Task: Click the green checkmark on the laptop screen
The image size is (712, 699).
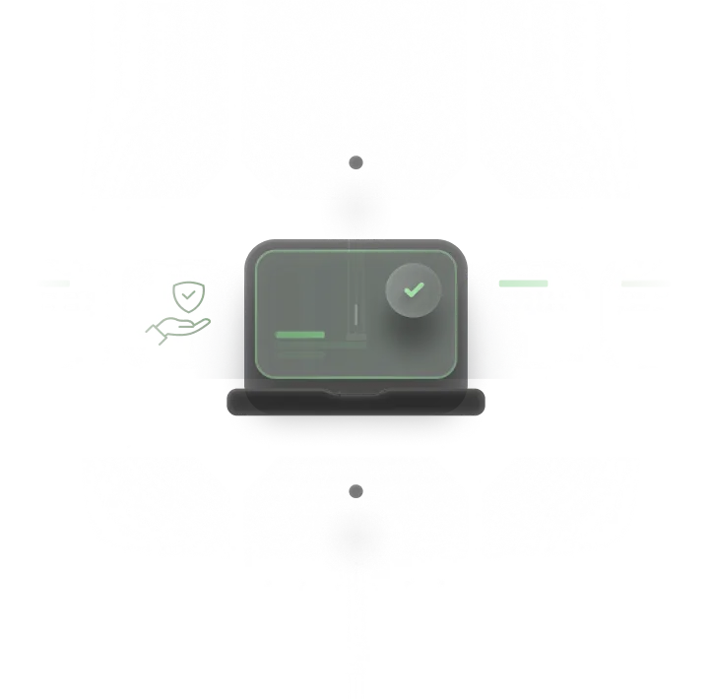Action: point(414,289)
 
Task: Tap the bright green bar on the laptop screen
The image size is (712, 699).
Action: point(300,335)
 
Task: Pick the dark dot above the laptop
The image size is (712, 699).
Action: point(356,162)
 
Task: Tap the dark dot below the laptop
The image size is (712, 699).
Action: point(356,491)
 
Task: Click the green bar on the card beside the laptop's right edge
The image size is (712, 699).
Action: point(523,284)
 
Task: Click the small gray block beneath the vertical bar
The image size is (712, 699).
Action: point(356,338)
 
